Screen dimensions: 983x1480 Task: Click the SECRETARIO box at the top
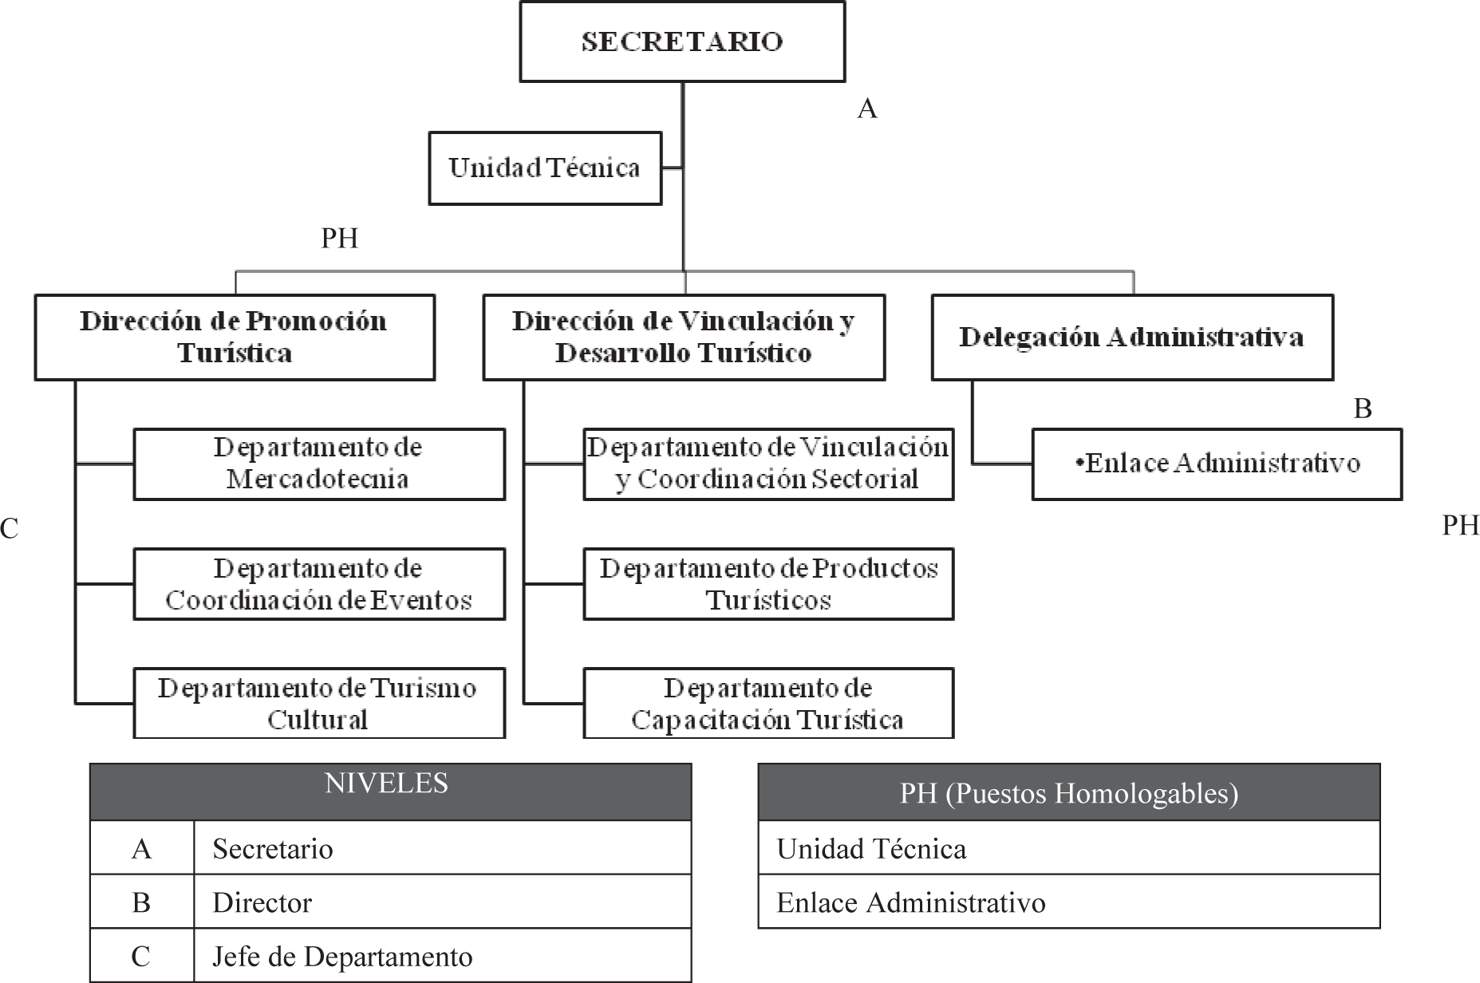point(682,41)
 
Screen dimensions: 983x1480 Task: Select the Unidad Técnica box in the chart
point(545,168)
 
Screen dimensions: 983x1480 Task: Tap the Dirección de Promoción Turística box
point(235,337)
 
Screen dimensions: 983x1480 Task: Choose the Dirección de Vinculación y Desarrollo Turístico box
point(684,337)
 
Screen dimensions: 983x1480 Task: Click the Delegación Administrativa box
point(1131,337)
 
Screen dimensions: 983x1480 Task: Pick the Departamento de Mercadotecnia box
point(319,464)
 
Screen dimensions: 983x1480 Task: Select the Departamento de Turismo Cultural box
point(319,703)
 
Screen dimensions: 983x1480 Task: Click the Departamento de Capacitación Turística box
point(768,703)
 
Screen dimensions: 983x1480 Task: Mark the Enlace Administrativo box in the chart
point(1217,464)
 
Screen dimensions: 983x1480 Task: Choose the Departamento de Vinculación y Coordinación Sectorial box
point(768,464)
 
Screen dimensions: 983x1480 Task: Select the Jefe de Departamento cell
point(442,956)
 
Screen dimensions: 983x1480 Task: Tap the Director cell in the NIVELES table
point(442,902)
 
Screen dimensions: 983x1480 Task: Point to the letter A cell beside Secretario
point(141,848)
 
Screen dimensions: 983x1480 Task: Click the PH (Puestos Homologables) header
point(1068,792)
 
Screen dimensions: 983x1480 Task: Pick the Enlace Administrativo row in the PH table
point(1068,902)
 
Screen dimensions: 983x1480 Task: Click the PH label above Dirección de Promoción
point(339,239)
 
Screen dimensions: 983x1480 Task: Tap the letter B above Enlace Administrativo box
point(1362,409)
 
